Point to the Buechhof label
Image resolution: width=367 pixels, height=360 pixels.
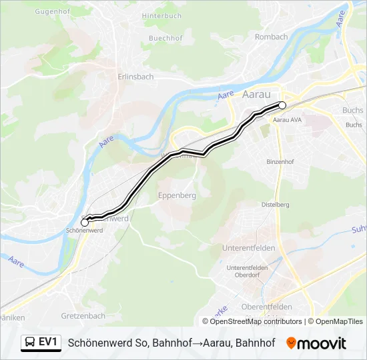148,39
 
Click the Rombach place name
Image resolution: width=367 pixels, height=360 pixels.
271,37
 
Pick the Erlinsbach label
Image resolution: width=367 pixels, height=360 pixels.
135,77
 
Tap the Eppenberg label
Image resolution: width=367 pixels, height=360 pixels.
177,196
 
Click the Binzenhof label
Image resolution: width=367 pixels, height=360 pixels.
280,162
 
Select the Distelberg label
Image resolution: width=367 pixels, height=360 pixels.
275,204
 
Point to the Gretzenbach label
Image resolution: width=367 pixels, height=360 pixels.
83,315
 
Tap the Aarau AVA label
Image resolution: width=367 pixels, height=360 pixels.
288,121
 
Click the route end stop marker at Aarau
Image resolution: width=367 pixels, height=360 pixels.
282,105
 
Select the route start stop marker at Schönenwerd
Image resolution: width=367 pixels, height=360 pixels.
85,222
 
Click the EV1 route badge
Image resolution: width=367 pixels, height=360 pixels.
41,343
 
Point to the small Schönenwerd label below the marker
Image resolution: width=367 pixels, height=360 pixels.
84,231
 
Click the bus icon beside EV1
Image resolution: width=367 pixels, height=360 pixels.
30,343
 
